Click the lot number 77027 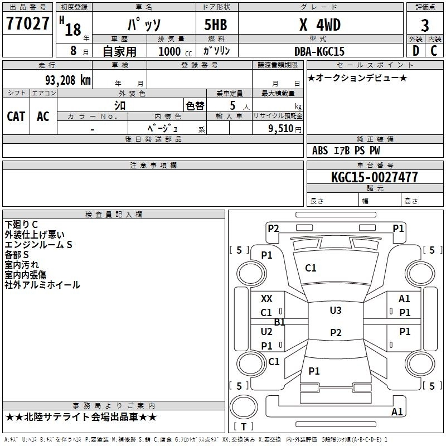tap(28, 24)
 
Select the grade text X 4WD tap(319, 25)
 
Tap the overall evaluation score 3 tap(425, 26)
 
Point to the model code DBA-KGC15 tap(319, 51)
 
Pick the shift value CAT tap(16, 116)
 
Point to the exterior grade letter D tap(415, 51)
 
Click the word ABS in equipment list tap(320, 151)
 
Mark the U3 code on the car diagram tap(335, 311)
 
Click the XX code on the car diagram tap(266, 299)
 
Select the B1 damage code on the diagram tap(279, 322)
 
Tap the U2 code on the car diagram tap(266, 332)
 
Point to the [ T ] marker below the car tap(244, 426)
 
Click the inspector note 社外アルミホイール tap(42, 285)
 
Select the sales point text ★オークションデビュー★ tap(357, 77)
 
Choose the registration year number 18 tap(73, 29)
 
